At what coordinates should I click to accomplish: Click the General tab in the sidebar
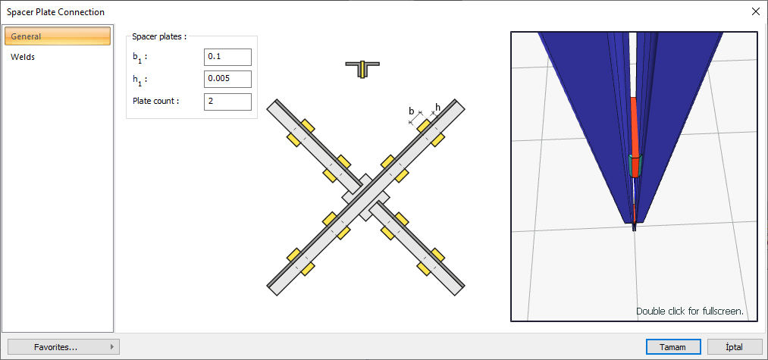(x=58, y=36)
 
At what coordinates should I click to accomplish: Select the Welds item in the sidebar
(x=23, y=57)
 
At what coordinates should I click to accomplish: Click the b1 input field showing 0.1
(x=227, y=57)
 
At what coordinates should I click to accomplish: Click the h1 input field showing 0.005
(x=227, y=79)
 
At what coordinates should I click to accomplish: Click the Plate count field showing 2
(x=227, y=102)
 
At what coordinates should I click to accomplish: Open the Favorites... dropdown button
(x=64, y=347)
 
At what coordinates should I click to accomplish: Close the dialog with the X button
(x=755, y=12)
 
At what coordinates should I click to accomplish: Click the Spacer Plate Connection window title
(x=55, y=12)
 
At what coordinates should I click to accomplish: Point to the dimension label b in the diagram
(x=412, y=111)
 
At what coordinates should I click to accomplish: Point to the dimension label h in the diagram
(x=437, y=107)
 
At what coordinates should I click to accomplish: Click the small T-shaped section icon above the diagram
(x=362, y=69)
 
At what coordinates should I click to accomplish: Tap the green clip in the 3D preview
(x=635, y=165)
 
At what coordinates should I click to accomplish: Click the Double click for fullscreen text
(x=690, y=311)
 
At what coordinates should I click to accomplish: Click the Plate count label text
(x=155, y=102)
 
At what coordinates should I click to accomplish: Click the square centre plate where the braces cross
(x=365, y=197)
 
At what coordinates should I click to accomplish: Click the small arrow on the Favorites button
(x=112, y=347)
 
